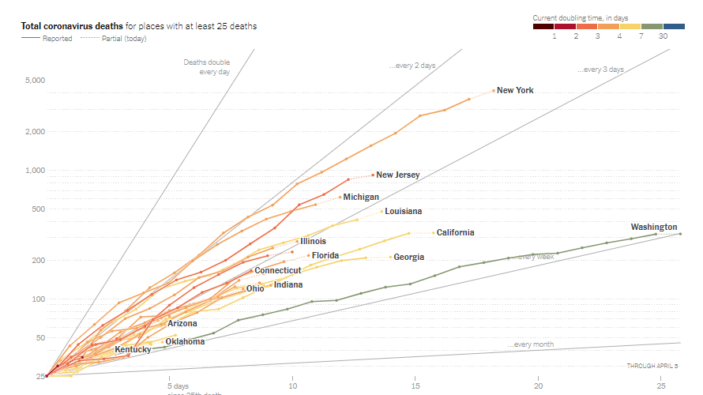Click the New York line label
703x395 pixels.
(x=515, y=90)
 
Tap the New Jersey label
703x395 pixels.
(x=397, y=175)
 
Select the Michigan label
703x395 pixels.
(x=361, y=197)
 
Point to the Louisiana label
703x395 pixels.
(x=403, y=211)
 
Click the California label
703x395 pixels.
(x=455, y=232)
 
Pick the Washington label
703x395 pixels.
(x=654, y=227)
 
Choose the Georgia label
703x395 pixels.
(x=408, y=257)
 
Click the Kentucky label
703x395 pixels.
(x=133, y=349)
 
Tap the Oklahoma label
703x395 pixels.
(x=185, y=341)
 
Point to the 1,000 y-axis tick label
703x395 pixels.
(x=36, y=171)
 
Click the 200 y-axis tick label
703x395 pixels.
(x=38, y=260)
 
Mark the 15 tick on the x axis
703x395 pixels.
(x=415, y=386)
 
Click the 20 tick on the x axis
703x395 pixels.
(x=539, y=386)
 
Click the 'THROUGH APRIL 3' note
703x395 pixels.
(x=652, y=366)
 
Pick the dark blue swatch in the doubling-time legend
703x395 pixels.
(x=674, y=26)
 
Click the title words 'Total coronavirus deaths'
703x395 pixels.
(x=72, y=26)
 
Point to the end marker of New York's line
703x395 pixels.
(x=494, y=90)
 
